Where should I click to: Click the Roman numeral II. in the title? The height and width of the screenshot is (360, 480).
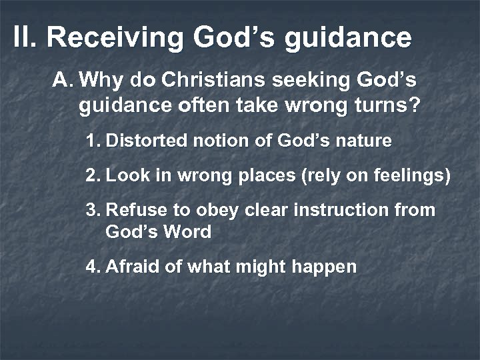click(x=26, y=38)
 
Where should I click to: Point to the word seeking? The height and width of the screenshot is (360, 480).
click(x=303, y=82)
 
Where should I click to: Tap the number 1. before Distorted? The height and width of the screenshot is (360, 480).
click(x=93, y=141)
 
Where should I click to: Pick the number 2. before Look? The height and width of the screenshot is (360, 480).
click(x=93, y=176)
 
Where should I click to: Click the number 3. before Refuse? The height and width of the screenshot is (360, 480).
click(x=93, y=211)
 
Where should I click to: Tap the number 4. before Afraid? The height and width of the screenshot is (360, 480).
click(x=93, y=267)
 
